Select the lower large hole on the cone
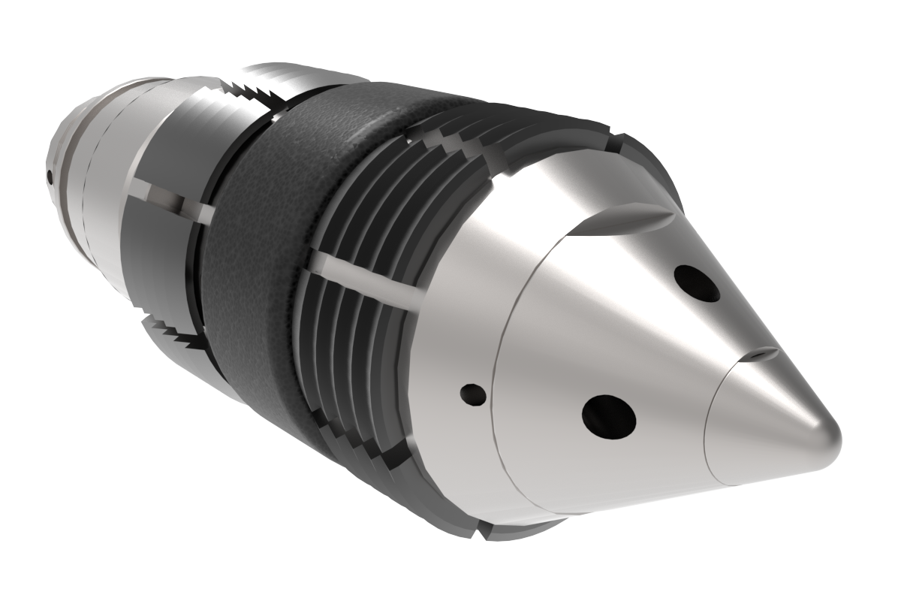point(609,413)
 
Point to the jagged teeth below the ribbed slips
point(360,443)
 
